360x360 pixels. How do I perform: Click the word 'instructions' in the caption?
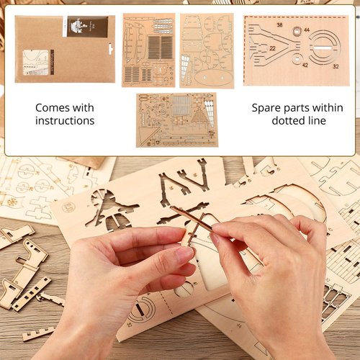click(65, 121)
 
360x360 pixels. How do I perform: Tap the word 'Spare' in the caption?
click(267, 108)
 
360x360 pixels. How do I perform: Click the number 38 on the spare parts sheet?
click(278, 25)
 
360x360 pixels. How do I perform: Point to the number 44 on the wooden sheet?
click(307, 30)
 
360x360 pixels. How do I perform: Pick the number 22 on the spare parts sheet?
click(274, 48)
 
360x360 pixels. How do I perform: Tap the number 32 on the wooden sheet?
click(336, 66)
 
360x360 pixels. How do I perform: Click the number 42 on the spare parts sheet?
click(305, 65)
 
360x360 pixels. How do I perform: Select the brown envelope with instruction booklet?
click(65, 49)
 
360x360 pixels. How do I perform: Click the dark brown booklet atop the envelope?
click(88, 27)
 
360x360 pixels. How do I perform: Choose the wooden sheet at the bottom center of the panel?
click(176, 120)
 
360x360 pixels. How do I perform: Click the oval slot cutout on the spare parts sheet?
click(323, 49)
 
